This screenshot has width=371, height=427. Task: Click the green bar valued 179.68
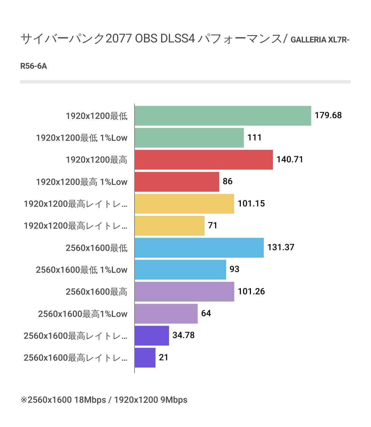[223, 116]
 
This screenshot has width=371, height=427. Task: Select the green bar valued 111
[189, 138]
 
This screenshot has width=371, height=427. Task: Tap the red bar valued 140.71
[203, 160]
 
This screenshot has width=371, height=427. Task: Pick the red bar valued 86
[177, 182]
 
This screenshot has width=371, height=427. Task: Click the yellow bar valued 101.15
[184, 204]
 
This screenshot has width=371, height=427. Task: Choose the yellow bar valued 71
[169, 226]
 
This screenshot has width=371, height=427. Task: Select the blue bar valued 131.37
[199, 248]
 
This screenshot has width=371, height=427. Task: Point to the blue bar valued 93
[180, 270]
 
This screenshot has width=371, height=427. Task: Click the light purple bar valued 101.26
[184, 292]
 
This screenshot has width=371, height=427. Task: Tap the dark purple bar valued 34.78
[151, 336]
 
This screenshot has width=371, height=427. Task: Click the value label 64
[206, 314]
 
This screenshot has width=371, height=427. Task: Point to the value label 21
[164, 357]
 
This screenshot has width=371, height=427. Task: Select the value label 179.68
[328, 116]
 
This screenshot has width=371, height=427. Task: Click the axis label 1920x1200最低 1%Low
[82, 138]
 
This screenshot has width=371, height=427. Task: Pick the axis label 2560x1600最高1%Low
[83, 314]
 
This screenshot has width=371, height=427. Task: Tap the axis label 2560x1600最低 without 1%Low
[96, 248]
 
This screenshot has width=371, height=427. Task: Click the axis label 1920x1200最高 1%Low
[82, 182]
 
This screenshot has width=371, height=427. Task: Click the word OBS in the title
[146, 39]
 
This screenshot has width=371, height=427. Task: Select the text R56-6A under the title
[34, 66]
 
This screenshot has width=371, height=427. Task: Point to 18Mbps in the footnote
[90, 400]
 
